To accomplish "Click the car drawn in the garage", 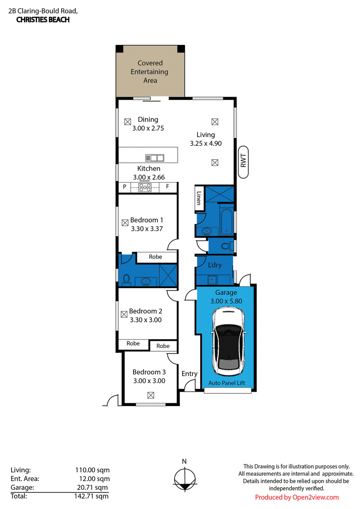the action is coord(228,342).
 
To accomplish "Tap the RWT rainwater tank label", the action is coord(243,161).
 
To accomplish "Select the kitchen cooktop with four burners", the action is coord(145,188).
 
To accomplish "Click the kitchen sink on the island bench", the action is coord(154,158).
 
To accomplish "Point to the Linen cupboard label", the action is coord(198,198).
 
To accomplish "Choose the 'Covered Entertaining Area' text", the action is coord(149,72).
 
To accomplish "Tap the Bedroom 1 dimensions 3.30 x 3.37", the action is coord(147,229).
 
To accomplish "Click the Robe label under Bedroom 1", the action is coord(155,257).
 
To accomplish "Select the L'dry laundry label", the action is coord(215,265).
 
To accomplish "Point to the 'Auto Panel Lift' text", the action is coord(227,383).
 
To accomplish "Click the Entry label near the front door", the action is coord(189,374).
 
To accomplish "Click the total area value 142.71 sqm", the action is coord(91,496).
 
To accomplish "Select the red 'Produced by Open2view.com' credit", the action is coord(297,497).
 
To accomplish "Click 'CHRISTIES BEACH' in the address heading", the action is coord(43,20).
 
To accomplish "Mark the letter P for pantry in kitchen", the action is coord(125,187).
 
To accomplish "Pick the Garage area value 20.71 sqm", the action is coord(92,487).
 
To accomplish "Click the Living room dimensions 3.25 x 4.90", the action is coord(206,143).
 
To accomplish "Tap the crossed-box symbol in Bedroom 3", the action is coord(150,395).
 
